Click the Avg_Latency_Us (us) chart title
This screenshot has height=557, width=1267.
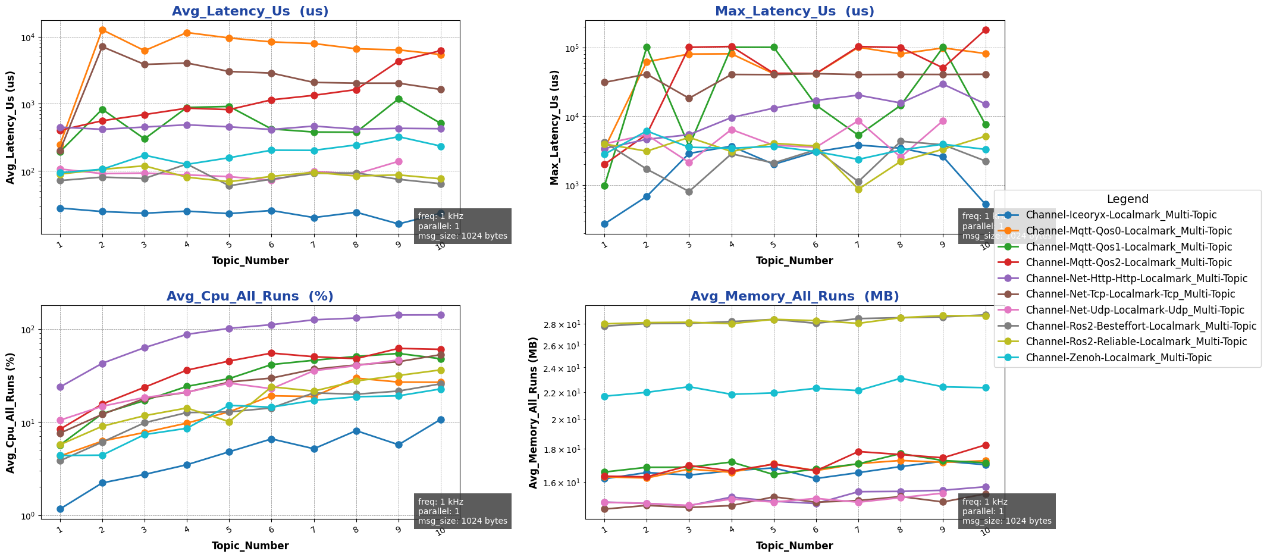(250, 11)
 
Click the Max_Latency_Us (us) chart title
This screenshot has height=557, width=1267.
(794, 11)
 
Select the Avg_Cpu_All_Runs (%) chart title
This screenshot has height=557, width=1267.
(250, 296)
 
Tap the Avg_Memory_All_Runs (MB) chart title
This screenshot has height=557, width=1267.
(794, 296)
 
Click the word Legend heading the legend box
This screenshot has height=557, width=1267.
(1127, 199)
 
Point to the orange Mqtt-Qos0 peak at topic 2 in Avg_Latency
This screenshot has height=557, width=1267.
(102, 30)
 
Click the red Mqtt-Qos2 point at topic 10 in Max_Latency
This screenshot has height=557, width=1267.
(986, 30)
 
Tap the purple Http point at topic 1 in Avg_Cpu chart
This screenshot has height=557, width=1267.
(60, 387)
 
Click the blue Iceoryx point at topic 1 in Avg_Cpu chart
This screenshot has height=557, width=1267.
(60, 509)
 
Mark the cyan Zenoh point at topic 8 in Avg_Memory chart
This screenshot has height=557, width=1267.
(901, 378)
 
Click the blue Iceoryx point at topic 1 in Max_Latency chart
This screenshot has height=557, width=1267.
(604, 224)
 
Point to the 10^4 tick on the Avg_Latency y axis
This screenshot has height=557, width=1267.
(29, 37)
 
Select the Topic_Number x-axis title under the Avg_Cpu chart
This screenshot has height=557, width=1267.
(250, 546)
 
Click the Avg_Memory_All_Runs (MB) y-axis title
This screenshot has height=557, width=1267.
(534, 412)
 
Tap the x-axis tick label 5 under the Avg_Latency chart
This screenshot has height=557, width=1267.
(229, 245)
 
